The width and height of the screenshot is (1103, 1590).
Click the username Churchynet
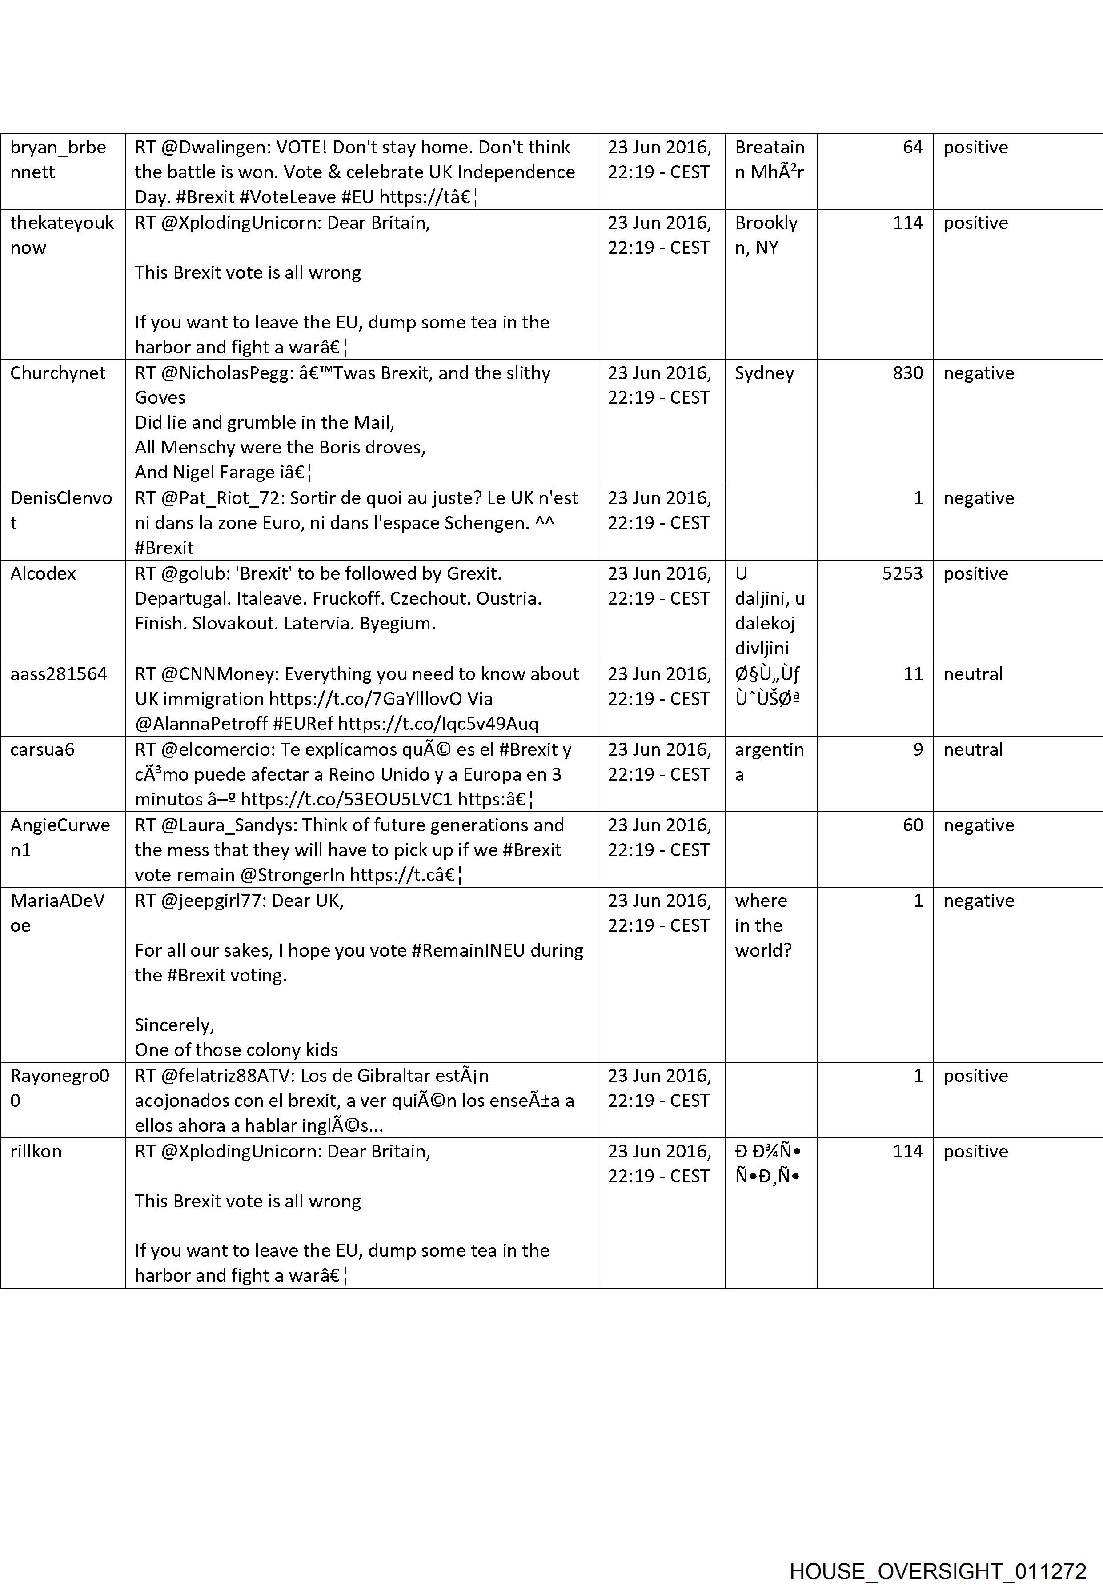coord(58,373)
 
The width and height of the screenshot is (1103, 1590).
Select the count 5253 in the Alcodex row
coord(902,573)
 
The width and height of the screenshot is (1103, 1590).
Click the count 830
coord(907,373)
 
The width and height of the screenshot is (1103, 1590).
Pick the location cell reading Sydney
coord(764,373)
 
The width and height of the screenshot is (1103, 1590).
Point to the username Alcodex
coord(43,573)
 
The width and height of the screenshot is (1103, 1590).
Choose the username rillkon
coord(36,1151)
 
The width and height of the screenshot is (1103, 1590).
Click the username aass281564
coord(59,674)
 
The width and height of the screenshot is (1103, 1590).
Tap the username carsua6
coord(42,750)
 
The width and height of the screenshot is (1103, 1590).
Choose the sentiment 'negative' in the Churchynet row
coord(979,373)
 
